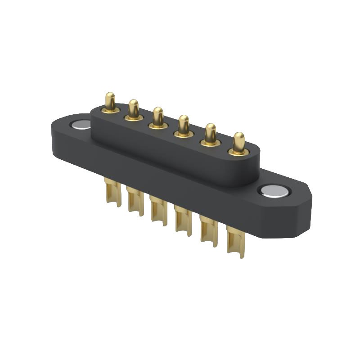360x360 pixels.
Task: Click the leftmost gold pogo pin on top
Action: pyautogui.click(x=110, y=101)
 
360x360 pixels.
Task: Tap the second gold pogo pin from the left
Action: pyautogui.click(x=133, y=108)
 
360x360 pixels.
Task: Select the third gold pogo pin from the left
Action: pyautogui.click(x=158, y=116)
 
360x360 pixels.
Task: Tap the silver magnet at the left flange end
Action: pyautogui.click(x=81, y=125)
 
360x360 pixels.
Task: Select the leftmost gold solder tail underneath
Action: pyautogui.click(x=112, y=193)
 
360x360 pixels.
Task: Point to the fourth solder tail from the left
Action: pyautogui.click(x=183, y=220)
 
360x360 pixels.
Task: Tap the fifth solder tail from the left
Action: pyautogui.click(x=209, y=230)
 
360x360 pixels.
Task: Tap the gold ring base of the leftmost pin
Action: pyautogui.click(x=110, y=110)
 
